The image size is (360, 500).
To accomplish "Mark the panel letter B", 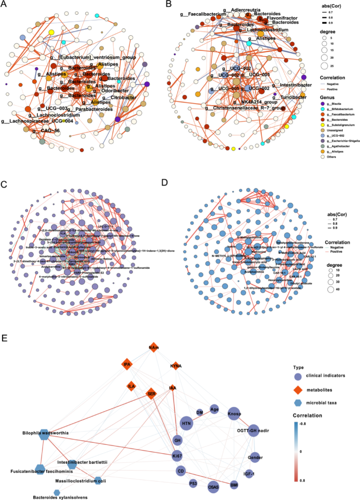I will (183, 4).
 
